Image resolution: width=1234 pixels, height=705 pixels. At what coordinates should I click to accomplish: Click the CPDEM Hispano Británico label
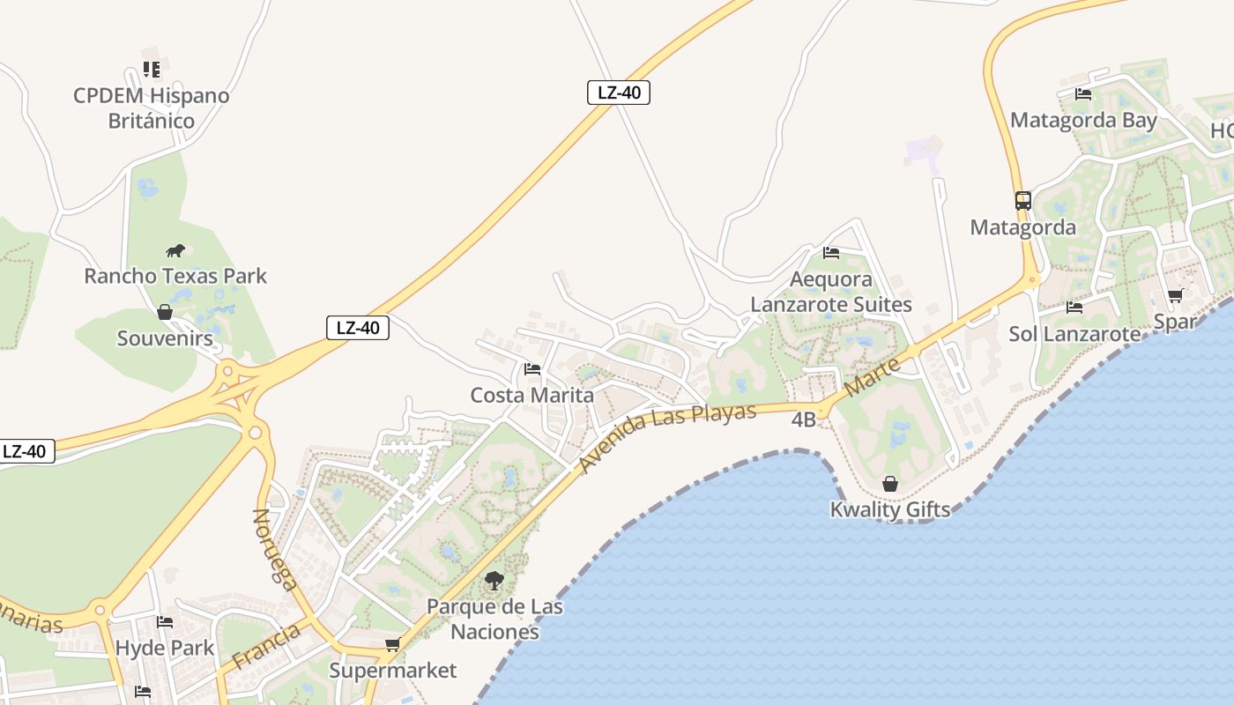pos(151,108)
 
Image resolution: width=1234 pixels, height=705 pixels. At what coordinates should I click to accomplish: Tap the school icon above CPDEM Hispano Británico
pos(152,69)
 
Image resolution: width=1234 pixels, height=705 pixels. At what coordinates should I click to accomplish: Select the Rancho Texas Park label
pos(175,276)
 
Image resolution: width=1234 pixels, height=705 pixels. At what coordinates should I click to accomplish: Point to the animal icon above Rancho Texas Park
pos(175,250)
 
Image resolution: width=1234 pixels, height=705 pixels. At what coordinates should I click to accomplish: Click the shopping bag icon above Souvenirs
pos(164,312)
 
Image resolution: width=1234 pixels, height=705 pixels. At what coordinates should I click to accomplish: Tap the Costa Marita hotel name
pos(532,395)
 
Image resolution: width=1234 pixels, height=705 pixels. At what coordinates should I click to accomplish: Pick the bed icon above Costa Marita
pos(532,368)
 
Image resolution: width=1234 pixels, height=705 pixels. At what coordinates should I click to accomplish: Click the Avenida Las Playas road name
pos(668,437)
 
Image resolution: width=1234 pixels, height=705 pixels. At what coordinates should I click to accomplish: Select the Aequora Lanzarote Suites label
pos(831,292)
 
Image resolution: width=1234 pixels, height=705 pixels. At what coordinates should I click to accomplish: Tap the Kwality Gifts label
pos(890,509)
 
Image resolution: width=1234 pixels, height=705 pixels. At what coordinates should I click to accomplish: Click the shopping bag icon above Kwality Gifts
pos(890,484)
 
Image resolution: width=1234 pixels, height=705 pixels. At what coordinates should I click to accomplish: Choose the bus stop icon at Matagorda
pos(1022,201)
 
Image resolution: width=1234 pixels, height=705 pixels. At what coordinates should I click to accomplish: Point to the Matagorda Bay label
pos(1083,120)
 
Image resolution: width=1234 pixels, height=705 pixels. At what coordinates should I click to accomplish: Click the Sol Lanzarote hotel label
pos(1074,334)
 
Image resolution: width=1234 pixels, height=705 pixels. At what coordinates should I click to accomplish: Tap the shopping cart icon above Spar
pos(1175,296)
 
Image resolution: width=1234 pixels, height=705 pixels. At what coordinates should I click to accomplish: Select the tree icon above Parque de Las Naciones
pos(494,581)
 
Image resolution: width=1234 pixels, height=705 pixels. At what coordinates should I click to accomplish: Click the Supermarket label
pos(393,671)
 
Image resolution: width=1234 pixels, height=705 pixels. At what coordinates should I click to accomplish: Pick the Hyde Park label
pos(165,648)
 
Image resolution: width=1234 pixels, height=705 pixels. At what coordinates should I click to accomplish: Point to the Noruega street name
pos(275,548)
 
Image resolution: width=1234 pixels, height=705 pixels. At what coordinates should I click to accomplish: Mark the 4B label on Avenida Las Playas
pos(803,419)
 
